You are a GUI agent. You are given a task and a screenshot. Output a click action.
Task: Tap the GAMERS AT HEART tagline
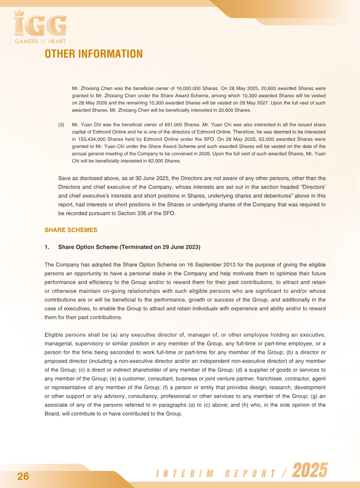[40, 42]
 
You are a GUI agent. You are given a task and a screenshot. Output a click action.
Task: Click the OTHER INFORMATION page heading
[94, 54]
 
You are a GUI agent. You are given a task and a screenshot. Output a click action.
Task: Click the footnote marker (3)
[62, 124]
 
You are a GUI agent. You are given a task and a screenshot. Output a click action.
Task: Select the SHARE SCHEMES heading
[71, 230]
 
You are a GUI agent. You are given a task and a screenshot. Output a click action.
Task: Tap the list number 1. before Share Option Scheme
[47, 247]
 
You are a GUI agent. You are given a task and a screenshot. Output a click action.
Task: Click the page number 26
[23, 477]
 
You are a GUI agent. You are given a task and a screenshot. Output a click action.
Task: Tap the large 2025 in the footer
[310, 471]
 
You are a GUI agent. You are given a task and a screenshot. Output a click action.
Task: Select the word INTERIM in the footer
[184, 474]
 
